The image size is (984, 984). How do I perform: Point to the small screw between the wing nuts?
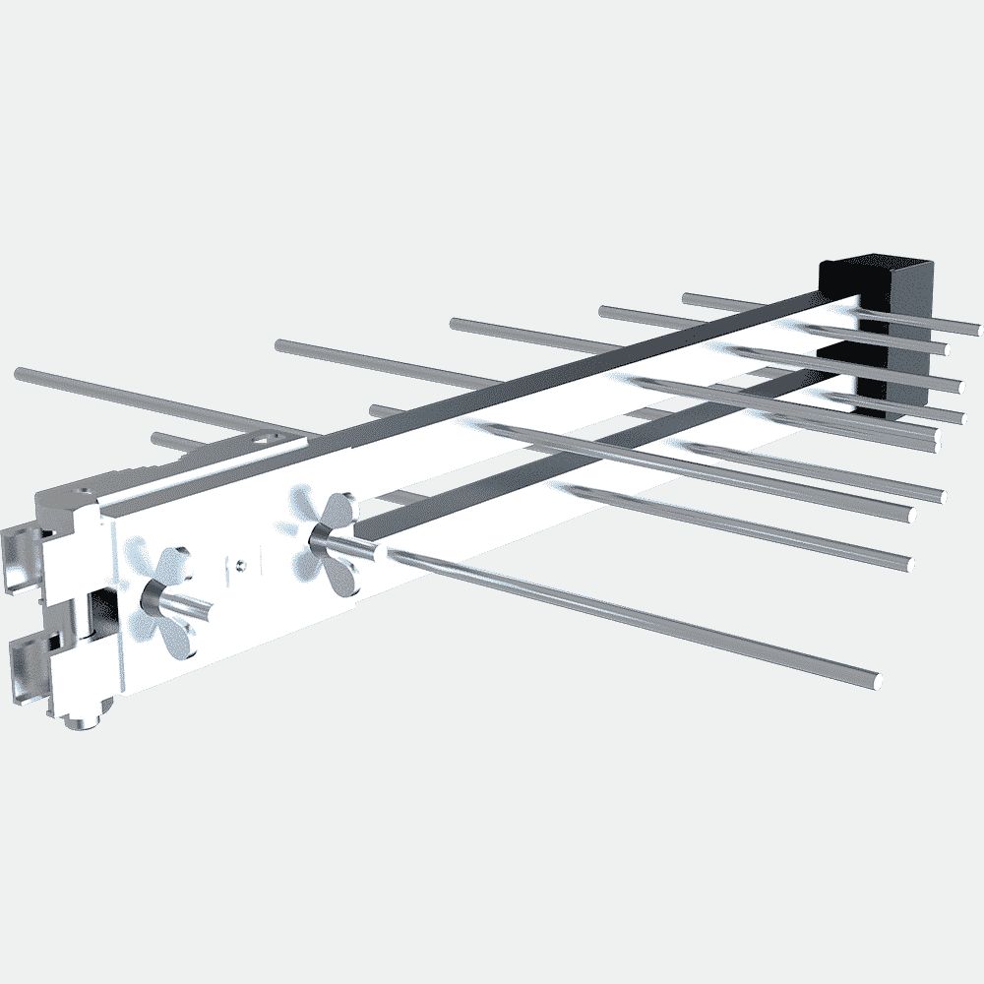239,563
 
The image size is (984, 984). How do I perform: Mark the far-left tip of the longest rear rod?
20,372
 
